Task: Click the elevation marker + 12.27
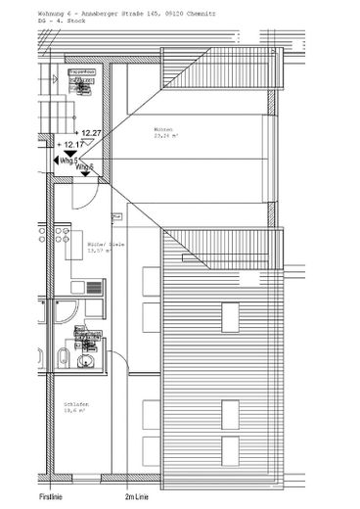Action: pyautogui.click(x=90, y=131)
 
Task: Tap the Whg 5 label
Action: pyautogui.click(x=67, y=160)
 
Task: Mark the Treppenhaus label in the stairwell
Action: pyautogui.click(x=81, y=72)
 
